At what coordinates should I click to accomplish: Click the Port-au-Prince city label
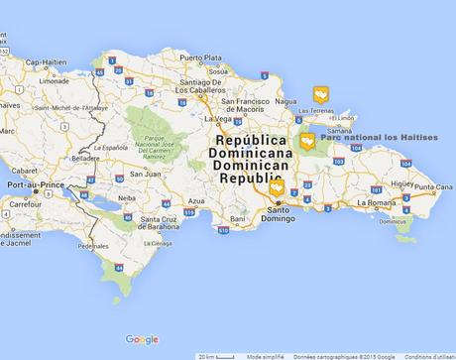(x=35, y=185)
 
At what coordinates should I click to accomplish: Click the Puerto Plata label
(x=201, y=58)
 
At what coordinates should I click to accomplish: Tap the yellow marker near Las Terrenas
(x=320, y=93)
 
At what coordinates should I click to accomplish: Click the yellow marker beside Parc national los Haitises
(x=307, y=140)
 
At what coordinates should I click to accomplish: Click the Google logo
(x=142, y=339)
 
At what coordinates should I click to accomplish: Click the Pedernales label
(x=94, y=246)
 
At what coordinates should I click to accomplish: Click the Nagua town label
(x=287, y=101)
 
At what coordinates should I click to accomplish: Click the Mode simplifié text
(x=265, y=355)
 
